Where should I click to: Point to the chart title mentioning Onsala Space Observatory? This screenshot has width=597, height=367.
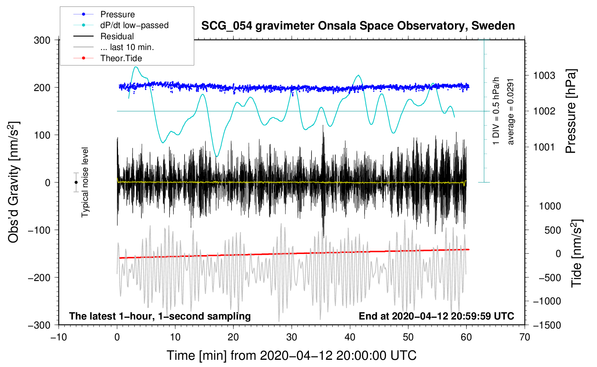point(358,26)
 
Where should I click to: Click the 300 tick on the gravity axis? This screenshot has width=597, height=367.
point(42,40)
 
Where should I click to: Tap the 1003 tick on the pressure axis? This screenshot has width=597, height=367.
point(544,76)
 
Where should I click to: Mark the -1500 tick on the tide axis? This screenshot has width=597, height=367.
point(547,325)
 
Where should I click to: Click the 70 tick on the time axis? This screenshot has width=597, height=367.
point(525,337)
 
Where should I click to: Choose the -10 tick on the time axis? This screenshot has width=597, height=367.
point(59,337)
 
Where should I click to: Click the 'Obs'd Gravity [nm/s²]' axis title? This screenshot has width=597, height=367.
point(14,182)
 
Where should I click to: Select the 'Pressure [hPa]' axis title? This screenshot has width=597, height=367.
point(571,112)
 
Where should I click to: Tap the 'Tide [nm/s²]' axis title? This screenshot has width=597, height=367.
point(577,253)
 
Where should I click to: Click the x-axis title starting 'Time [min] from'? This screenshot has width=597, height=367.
point(291,355)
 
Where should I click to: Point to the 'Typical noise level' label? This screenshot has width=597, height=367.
point(85,182)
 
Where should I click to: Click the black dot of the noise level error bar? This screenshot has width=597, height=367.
point(76,182)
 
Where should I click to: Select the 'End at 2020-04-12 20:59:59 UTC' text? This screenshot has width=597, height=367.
point(436,316)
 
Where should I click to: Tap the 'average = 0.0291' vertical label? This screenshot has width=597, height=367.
point(511,112)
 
